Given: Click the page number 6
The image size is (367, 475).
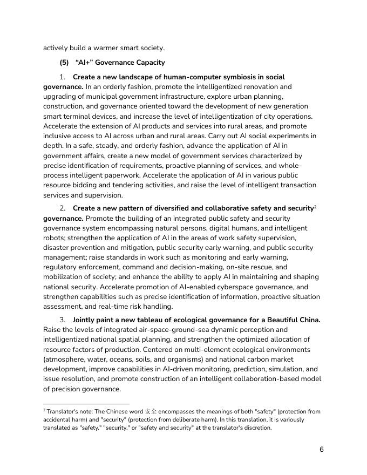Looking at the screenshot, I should coord(321,449).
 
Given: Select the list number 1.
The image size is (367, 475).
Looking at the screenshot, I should coord(63,77).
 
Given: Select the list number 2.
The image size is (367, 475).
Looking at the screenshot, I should coord(63,208).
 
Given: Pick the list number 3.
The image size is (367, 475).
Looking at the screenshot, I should coord(63,320).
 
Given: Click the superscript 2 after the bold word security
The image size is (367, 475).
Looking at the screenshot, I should coord(316,207).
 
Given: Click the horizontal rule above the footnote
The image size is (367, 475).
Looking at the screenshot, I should coord(86,403).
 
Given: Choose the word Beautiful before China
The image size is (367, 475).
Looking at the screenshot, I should coord(277,320).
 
